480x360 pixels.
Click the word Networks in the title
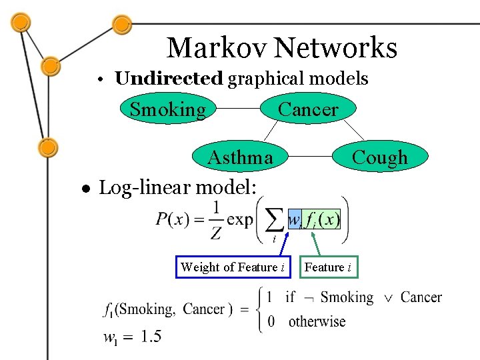335,48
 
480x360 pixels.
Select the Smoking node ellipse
167,109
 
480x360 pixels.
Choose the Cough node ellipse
379,157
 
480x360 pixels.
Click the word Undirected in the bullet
168,79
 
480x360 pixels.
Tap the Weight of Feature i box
233,267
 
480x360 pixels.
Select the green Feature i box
327,267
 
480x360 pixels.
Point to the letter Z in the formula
215,233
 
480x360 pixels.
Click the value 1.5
151,336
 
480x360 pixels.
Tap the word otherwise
317,321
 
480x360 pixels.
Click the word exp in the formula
240,219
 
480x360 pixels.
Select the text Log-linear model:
177,188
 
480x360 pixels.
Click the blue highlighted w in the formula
294,219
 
